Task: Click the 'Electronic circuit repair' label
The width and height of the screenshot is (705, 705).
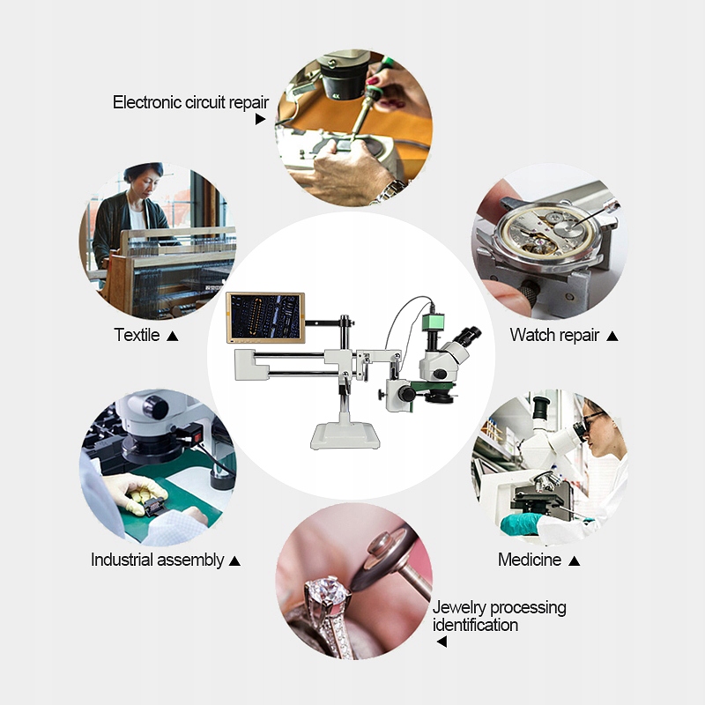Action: point(190,103)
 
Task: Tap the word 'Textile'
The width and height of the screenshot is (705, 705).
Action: point(137,335)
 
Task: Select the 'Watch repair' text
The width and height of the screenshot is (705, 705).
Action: point(554,336)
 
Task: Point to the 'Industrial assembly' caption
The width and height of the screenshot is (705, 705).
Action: point(158,560)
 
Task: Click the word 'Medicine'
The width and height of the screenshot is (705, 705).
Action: point(530,560)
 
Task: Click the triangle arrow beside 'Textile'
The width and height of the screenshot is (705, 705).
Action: point(173,336)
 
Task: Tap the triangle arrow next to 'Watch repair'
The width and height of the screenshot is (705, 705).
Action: point(612,336)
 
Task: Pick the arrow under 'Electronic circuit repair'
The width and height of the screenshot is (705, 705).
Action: point(260,119)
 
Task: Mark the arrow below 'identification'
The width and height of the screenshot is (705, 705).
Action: point(442,642)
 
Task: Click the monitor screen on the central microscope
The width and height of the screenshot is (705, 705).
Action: point(265,317)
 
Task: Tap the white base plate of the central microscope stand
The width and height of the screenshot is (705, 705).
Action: point(345,436)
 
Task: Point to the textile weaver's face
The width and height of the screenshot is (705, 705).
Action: point(145,184)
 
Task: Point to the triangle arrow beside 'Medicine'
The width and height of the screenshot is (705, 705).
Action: point(574,560)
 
